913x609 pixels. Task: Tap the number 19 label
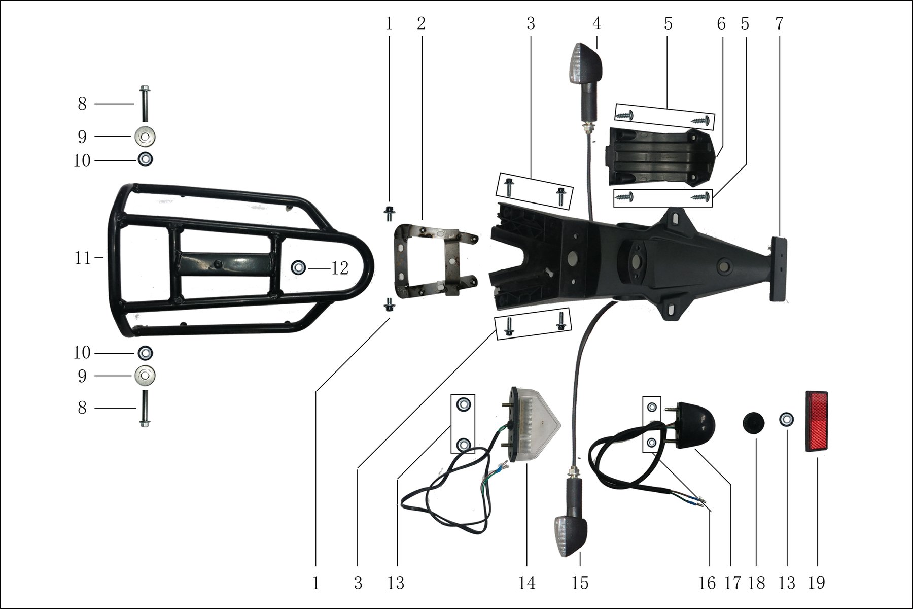pyautogui.click(x=817, y=583)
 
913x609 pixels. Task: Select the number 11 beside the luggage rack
pyautogui.click(x=83, y=258)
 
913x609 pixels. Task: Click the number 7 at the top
pyautogui.click(x=779, y=23)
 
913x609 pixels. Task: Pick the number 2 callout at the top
pyautogui.click(x=421, y=23)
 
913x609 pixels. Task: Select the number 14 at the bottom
pyautogui.click(x=527, y=583)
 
